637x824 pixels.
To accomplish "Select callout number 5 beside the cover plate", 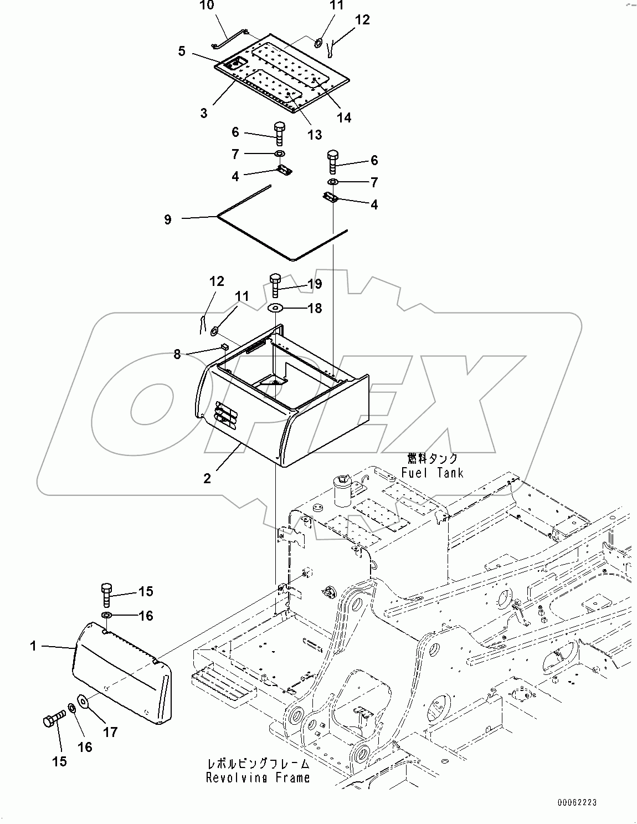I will tap(182, 51).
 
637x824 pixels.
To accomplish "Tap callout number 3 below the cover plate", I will tap(204, 113).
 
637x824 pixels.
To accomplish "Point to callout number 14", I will tap(344, 117).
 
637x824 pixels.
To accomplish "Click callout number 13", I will tap(314, 134).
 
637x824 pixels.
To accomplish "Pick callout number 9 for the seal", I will tap(167, 219).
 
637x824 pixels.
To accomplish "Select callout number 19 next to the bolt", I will tap(315, 284).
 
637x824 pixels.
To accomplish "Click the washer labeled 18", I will tap(276, 308).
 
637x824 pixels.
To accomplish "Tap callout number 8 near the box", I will tap(177, 354).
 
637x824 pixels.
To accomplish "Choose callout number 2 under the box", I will tap(207, 478).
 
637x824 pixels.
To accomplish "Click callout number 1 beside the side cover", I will tap(33, 646).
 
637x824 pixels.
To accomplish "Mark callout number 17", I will tap(110, 732).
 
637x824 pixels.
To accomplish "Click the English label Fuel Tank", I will tap(432, 473).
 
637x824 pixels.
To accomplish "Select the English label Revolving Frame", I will tap(258, 778).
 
